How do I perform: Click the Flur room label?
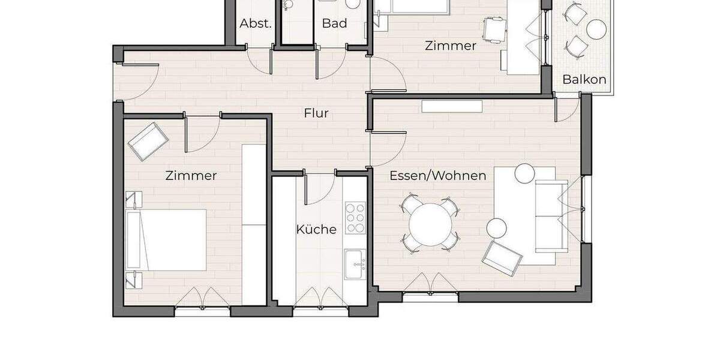tap(316, 113)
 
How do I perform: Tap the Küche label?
tap(316, 229)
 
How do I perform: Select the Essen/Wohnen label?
tap(438, 176)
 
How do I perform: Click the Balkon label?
tap(584, 79)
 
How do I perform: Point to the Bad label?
tap(334, 23)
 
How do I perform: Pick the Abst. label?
tap(256, 23)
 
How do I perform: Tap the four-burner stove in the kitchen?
tap(355, 218)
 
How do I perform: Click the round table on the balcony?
tap(596, 28)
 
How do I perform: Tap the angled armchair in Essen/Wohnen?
tap(502, 257)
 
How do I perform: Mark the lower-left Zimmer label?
tap(191, 176)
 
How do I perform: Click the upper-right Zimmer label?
tap(450, 46)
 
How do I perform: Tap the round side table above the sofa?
tap(524, 173)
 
